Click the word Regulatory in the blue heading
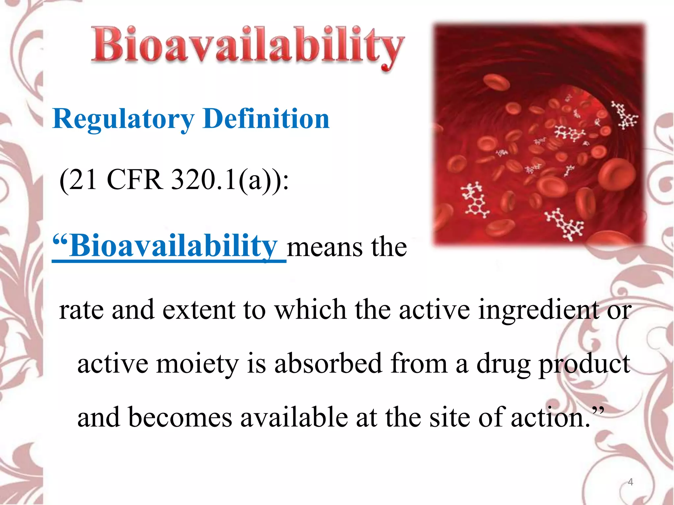(x=123, y=119)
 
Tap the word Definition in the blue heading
(x=266, y=119)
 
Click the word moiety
(x=197, y=364)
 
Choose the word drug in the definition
(x=504, y=364)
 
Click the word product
(x=584, y=364)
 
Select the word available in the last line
(x=294, y=418)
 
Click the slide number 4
(x=631, y=482)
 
